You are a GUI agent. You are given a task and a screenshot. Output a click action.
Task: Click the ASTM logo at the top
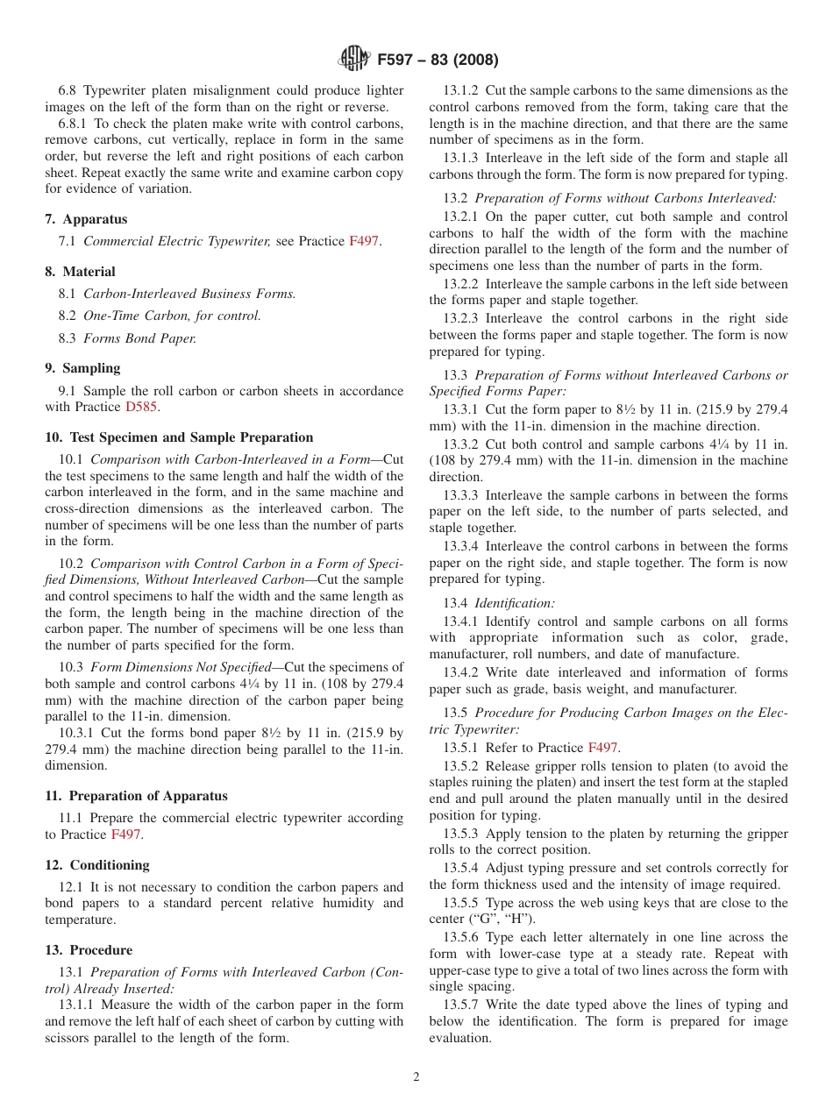click(x=354, y=60)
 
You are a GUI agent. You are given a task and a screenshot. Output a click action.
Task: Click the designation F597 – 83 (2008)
click(x=438, y=60)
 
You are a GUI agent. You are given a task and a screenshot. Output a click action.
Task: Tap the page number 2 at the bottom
click(x=416, y=1077)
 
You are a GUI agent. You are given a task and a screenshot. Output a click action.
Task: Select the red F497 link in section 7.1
click(x=364, y=241)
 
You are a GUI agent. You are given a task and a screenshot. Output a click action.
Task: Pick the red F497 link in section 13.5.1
click(x=603, y=748)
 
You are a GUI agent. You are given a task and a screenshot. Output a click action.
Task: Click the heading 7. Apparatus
click(x=86, y=219)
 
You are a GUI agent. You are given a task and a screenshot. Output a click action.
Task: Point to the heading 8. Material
click(x=81, y=272)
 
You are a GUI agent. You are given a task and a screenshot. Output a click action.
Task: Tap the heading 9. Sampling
click(x=83, y=368)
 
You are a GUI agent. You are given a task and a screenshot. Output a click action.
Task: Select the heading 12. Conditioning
click(x=97, y=865)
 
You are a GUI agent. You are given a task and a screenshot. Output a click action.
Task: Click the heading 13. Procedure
click(x=89, y=950)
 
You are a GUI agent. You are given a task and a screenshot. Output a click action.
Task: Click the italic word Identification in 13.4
click(x=515, y=603)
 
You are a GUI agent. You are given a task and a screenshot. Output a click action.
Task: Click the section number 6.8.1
click(x=75, y=124)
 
